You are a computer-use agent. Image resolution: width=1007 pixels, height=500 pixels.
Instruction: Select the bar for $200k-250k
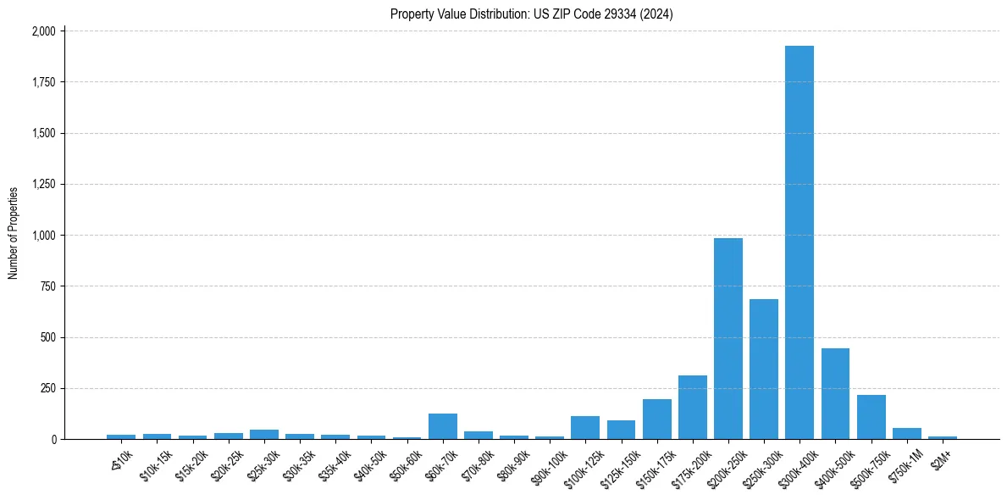tap(728, 339)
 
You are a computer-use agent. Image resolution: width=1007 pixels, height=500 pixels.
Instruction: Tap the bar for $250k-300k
tap(763, 369)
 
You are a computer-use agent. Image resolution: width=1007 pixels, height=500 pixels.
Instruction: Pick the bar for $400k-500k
tap(835, 394)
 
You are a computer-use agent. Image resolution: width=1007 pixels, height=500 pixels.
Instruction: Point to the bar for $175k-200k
tap(692, 408)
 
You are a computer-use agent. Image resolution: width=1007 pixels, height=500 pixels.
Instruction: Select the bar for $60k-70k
tap(442, 426)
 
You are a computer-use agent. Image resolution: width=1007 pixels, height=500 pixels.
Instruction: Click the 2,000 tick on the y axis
tap(44, 31)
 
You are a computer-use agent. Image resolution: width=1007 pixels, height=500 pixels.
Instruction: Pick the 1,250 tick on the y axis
tap(44, 184)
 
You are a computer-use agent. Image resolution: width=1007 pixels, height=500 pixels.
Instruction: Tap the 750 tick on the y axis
tap(48, 286)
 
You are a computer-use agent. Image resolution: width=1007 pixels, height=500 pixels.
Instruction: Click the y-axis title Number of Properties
tap(14, 233)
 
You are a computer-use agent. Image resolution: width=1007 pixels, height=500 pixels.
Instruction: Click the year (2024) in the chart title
tap(658, 14)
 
